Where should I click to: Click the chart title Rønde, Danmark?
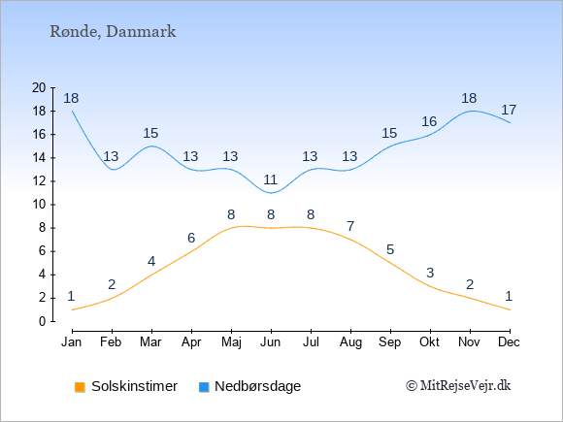click(x=113, y=32)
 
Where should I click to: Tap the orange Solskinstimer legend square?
click(x=80, y=387)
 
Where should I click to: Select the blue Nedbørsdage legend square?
click(x=204, y=387)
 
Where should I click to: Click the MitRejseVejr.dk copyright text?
click(x=458, y=386)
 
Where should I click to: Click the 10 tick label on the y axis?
click(x=39, y=205)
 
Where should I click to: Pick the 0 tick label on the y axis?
click(x=43, y=321)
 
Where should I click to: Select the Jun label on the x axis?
click(x=271, y=342)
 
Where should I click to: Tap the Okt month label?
click(x=429, y=342)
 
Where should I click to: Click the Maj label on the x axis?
click(x=231, y=342)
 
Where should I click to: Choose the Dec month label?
click(x=510, y=342)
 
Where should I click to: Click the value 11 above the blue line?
click(x=271, y=179)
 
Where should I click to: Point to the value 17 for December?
click(x=509, y=110)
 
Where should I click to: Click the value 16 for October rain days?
click(x=429, y=121)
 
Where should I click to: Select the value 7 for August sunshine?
click(x=350, y=226)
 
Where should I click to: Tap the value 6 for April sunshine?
click(x=191, y=238)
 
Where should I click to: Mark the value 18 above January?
click(x=71, y=98)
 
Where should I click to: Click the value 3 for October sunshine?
click(x=430, y=273)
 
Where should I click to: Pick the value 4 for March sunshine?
click(x=151, y=261)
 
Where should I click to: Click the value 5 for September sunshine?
click(x=390, y=249)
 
